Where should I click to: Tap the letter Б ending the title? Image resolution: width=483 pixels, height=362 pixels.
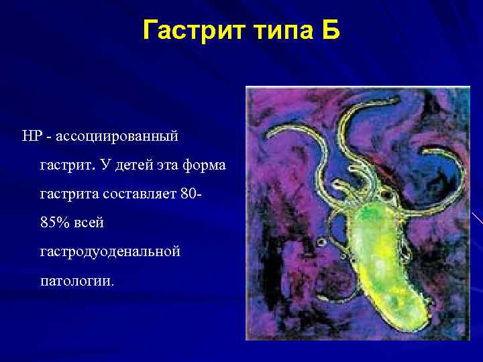[331, 31]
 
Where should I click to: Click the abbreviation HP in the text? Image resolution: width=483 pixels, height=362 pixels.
[32, 136]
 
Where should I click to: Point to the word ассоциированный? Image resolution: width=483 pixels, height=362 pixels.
[117, 136]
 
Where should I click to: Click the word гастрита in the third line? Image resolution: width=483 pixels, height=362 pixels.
[69, 194]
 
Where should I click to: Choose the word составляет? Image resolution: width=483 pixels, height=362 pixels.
[140, 194]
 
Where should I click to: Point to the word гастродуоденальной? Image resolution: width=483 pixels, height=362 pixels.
[110, 252]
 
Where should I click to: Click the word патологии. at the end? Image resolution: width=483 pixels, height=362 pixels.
[77, 281]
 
